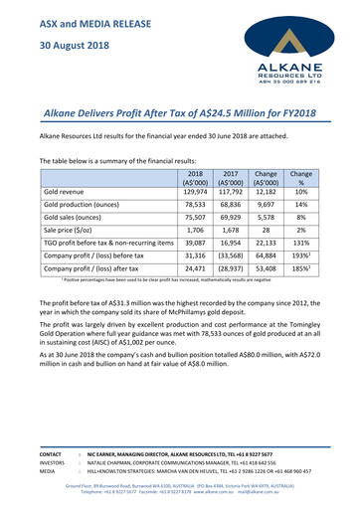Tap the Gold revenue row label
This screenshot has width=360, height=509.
point(69,190)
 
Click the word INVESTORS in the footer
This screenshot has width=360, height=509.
point(54,458)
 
